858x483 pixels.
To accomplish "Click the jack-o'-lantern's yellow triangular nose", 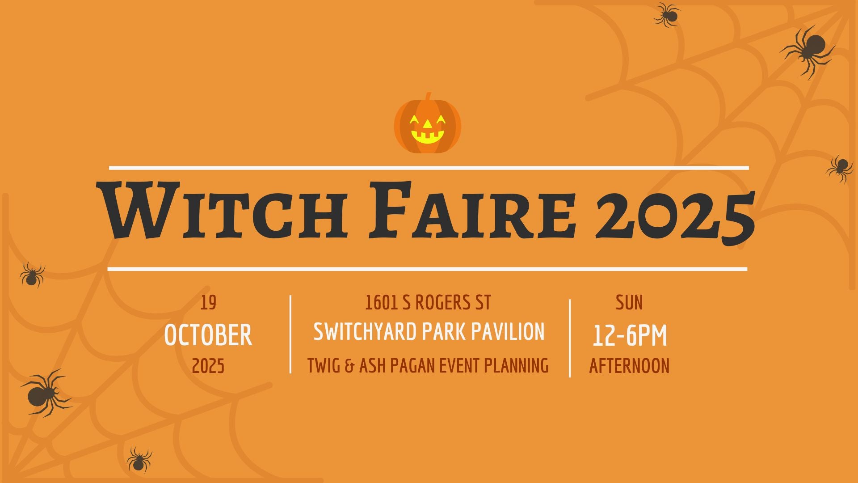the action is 427,124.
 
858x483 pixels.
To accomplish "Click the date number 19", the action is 208,303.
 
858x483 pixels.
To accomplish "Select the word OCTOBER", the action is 208,335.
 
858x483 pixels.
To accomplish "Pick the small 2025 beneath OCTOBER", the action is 208,366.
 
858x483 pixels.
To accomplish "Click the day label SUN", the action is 629,303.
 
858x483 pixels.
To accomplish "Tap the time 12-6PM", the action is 630,335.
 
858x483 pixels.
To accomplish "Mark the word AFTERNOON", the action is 629,366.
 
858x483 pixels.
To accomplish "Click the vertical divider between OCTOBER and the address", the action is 290,334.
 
